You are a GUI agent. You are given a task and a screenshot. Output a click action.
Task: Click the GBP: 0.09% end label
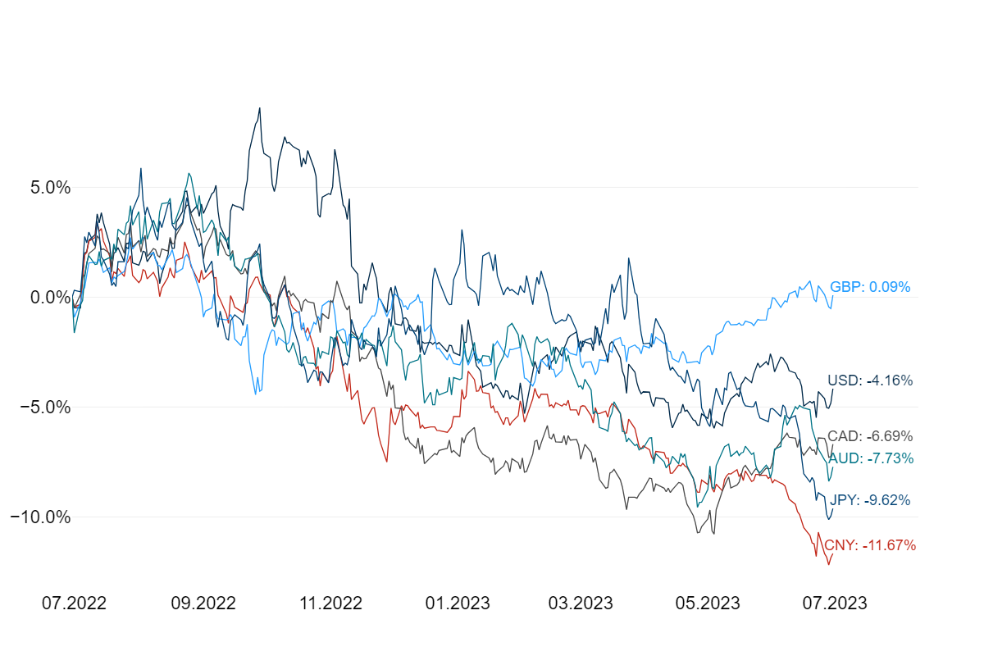870,287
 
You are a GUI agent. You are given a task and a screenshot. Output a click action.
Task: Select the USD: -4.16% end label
870,380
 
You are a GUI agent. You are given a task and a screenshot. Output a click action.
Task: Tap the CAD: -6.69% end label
870,436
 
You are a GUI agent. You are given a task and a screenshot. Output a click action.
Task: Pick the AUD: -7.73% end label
870,458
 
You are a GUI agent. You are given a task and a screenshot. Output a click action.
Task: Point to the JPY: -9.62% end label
870,500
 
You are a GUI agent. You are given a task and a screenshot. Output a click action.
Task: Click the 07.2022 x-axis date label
74,604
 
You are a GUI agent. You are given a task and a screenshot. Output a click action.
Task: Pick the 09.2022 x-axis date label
203,604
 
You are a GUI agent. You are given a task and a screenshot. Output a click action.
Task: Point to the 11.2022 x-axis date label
330,604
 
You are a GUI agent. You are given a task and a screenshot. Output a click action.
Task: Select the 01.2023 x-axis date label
458,604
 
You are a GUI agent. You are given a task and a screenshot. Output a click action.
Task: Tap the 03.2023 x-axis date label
581,604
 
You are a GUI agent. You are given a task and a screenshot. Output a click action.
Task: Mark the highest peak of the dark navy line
260,107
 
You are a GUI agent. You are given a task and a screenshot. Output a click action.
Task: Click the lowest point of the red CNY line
828,564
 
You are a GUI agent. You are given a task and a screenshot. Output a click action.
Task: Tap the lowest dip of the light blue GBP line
255,394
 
